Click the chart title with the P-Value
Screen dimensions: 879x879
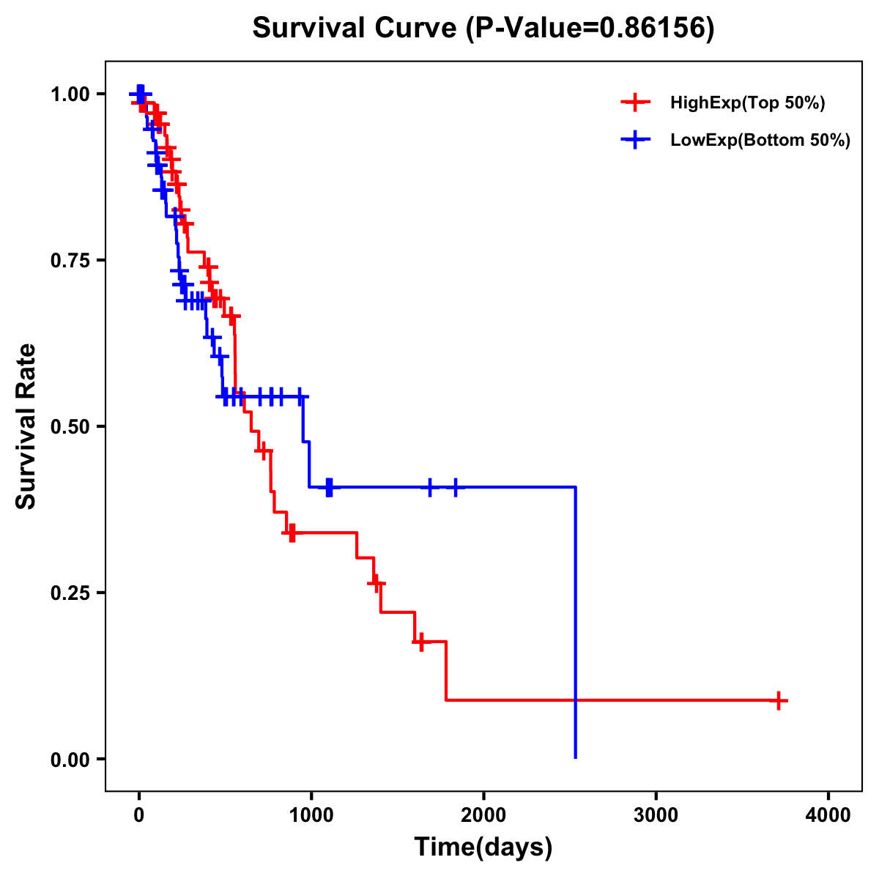pos(483,29)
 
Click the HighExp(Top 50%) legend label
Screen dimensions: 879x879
pos(748,103)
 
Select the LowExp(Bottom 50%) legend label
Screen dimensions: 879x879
pos(760,141)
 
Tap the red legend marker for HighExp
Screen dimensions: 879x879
pos(635,103)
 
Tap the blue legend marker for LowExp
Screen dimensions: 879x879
pos(635,141)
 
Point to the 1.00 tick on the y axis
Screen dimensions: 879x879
pos(72,94)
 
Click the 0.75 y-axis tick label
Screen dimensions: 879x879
pos(72,261)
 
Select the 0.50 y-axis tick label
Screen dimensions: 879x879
pos(72,427)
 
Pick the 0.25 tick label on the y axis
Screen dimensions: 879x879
pos(72,593)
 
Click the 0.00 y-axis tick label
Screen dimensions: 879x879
pos(72,760)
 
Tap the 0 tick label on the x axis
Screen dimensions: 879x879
pos(139,815)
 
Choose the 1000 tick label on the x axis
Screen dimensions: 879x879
pos(311,815)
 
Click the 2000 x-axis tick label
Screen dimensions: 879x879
pos(483,815)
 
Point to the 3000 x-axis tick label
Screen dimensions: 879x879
pos(656,815)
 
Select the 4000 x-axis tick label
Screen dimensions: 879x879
pos(828,815)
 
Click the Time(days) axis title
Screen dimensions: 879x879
pos(483,848)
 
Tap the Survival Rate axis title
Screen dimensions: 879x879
pos(26,426)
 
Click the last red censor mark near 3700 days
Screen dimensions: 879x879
pos(779,700)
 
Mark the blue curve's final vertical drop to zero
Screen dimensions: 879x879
pos(576,623)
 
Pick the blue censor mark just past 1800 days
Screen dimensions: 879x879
pos(456,487)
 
